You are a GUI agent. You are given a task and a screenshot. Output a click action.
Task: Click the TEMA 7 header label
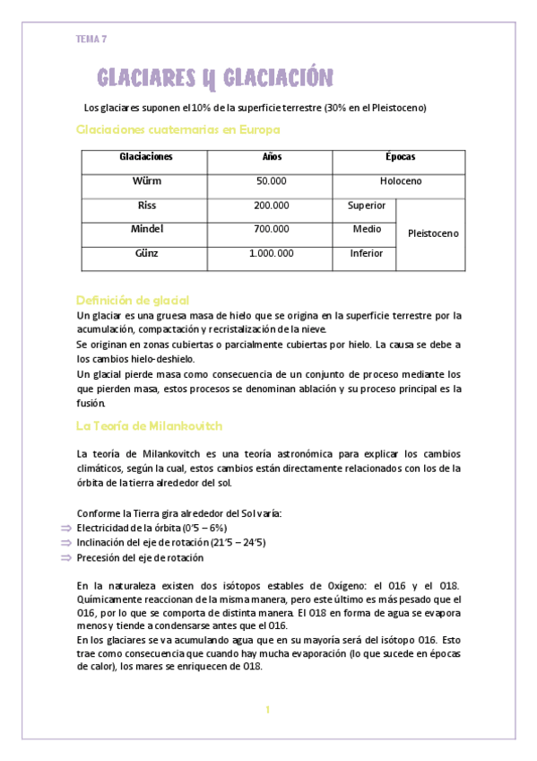pos(91,39)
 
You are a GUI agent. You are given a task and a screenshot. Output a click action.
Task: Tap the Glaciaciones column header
pos(145,157)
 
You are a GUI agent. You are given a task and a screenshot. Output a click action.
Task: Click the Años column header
pos(272,157)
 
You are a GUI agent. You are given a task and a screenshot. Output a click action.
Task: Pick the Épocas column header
pos(400,157)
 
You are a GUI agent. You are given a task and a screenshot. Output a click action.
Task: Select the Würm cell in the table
pos(145,180)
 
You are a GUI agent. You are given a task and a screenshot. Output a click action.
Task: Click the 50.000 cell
pos(272,181)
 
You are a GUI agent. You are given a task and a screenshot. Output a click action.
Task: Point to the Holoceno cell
pos(400,181)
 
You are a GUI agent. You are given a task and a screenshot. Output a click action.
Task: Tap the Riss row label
pos(146,206)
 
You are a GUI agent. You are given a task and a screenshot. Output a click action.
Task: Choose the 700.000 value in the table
pos(272,230)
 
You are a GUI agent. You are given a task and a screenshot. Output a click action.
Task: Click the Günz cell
pos(146,254)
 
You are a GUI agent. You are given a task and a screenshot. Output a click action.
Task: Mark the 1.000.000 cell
pos(272,254)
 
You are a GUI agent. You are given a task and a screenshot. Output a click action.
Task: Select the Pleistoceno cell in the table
pos(432,233)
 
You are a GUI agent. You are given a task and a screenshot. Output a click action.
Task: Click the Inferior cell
pos(366,254)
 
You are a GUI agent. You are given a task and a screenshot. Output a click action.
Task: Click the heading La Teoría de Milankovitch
pos(149,426)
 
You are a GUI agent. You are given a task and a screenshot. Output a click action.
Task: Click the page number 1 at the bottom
pos(267,711)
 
